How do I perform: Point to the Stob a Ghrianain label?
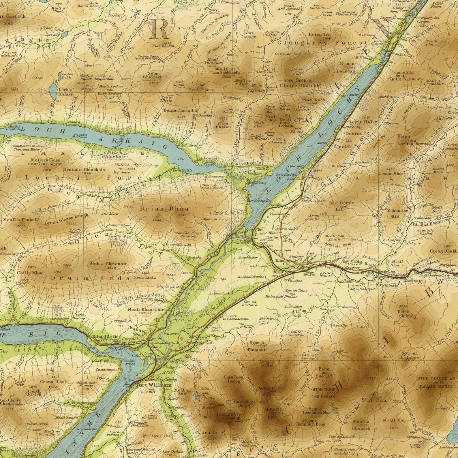coord(108,263)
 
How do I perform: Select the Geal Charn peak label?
coord(201,90)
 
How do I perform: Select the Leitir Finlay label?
coord(364,122)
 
